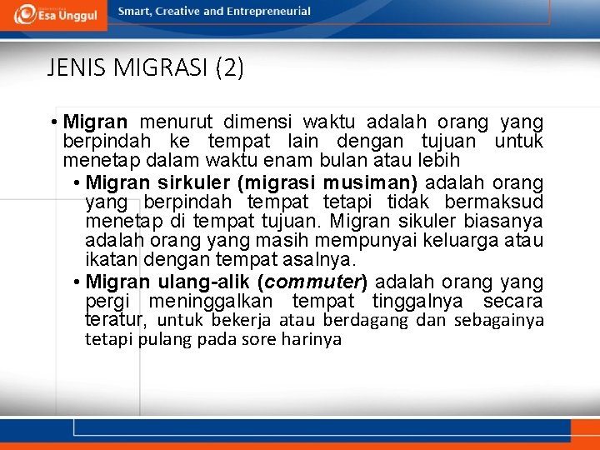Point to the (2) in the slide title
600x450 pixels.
229,68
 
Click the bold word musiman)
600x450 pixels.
373,182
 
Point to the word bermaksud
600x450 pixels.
493,202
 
